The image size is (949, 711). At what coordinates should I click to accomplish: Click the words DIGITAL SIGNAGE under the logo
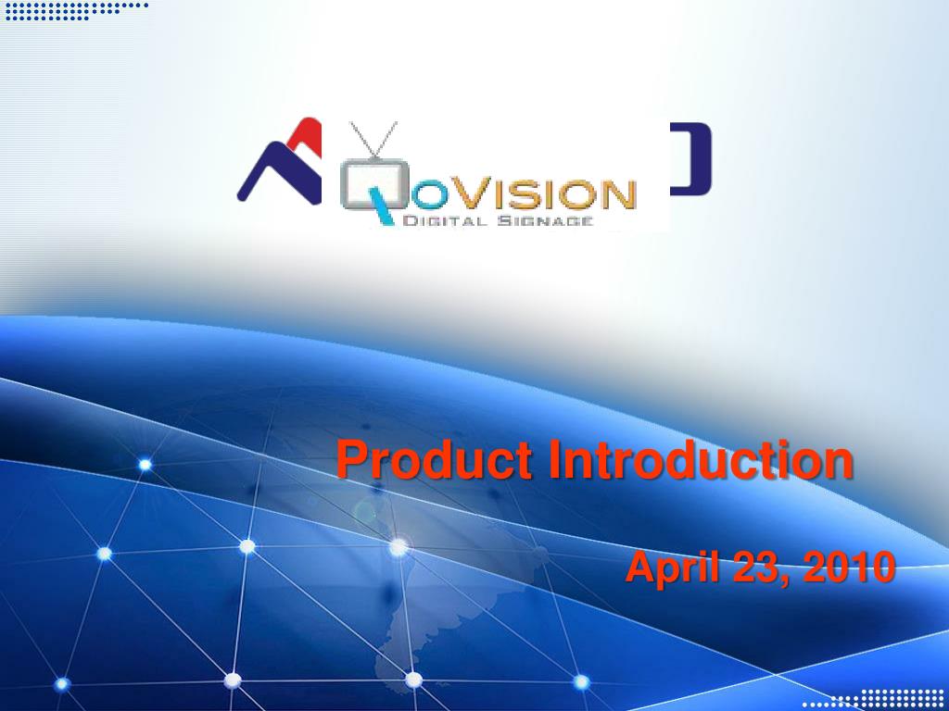498,220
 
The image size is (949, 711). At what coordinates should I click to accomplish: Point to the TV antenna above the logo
373,139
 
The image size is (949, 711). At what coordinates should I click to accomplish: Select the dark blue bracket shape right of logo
691,159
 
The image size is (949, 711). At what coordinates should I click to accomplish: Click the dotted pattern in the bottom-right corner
875,700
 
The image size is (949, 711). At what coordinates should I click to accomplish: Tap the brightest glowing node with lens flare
399,547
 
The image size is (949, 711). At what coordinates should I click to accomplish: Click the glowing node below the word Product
247,546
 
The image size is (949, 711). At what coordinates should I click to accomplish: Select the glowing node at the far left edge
62,684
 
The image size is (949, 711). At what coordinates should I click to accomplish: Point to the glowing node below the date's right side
581,682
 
